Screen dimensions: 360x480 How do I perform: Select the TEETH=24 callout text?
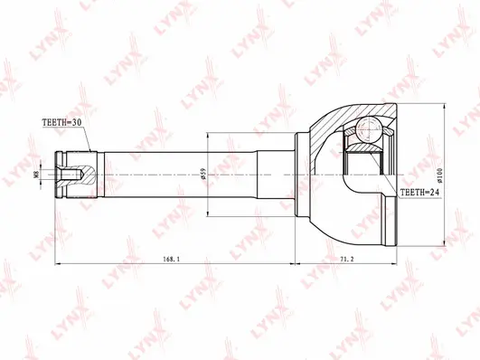419,194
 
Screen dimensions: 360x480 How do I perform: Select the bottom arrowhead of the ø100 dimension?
442,242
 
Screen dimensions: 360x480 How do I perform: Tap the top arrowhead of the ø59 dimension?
209,135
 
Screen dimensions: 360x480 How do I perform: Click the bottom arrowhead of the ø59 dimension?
209,213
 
